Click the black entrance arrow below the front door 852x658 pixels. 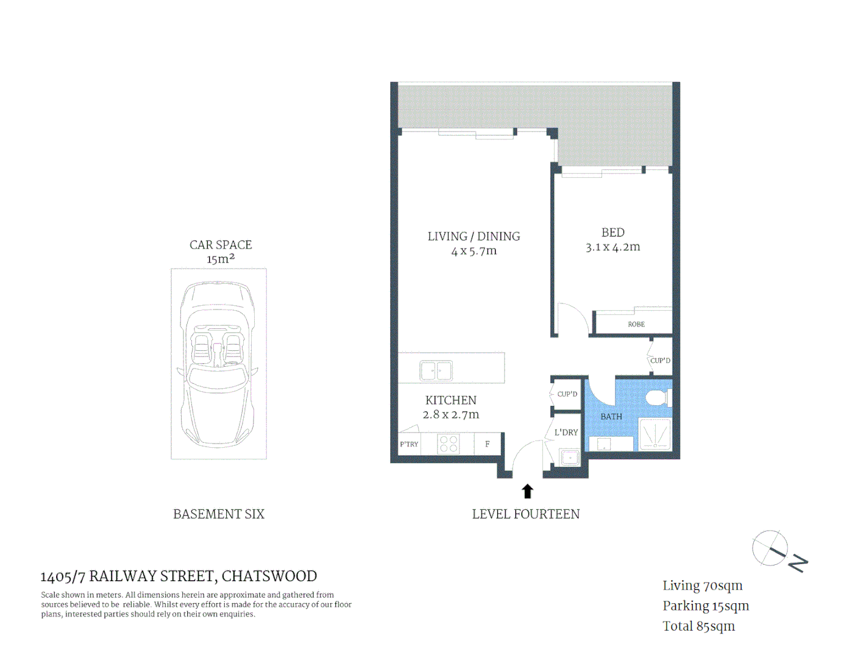click(527, 491)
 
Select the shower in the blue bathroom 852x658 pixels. click(655, 434)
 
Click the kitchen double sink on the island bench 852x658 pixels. click(436, 370)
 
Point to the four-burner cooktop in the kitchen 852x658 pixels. click(449, 444)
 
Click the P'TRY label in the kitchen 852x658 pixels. click(409, 444)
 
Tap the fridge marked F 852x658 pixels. click(487, 444)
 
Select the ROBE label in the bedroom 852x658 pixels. click(636, 324)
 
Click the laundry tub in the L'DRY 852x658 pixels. click(570, 457)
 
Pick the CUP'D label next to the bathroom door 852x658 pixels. click(567, 394)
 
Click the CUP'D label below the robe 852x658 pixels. click(660, 361)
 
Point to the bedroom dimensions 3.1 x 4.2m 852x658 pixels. click(612, 247)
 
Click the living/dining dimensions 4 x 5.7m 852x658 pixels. click(474, 251)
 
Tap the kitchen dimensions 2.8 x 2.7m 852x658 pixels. click(450, 415)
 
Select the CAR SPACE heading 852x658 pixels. click(220, 245)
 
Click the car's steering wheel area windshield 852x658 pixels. click(218, 317)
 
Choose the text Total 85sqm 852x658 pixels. click(698, 626)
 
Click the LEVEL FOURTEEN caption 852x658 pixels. click(525, 514)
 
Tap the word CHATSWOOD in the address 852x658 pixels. click(269, 576)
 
